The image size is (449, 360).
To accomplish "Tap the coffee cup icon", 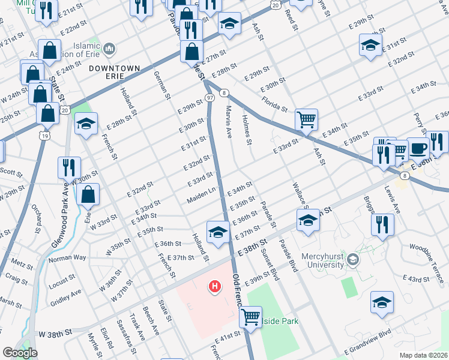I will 418,148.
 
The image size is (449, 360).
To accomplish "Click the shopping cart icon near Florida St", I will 306,119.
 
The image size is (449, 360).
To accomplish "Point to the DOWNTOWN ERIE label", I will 114,68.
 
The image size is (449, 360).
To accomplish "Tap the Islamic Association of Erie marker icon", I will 109,48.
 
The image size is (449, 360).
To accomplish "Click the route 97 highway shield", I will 209,97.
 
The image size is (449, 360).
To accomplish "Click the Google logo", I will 19,353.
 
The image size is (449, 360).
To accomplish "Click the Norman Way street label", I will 67,258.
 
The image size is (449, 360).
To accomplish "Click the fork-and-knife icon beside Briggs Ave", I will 381,224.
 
